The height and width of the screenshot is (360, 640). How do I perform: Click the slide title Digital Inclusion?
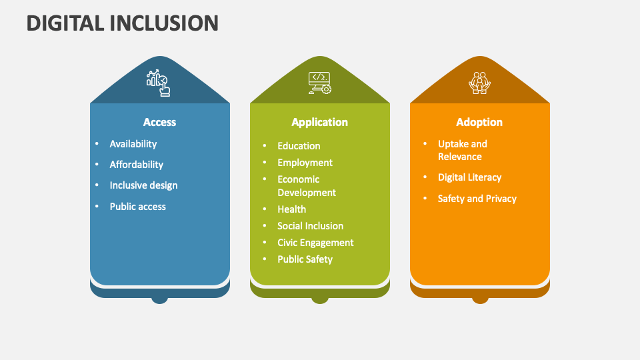[122, 23]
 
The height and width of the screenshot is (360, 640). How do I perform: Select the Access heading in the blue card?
[160, 122]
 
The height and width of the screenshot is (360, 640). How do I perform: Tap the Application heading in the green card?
[320, 122]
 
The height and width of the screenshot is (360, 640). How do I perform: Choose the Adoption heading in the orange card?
[479, 122]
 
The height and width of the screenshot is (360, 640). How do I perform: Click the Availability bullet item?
[133, 144]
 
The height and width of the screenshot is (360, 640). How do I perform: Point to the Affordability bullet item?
[137, 165]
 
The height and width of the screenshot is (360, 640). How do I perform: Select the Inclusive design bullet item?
[143, 185]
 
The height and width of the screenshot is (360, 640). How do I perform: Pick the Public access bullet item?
[138, 207]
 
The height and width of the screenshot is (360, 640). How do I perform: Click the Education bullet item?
[299, 146]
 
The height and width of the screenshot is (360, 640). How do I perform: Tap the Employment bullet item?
[305, 163]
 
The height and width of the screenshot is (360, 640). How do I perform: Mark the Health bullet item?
[292, 209]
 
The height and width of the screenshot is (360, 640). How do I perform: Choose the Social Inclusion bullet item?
[311, 226]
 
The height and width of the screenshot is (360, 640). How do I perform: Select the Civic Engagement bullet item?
[315, 243]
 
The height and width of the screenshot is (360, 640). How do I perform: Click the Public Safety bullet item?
[305, 259]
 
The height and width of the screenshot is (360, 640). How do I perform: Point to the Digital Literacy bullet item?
[469, 177]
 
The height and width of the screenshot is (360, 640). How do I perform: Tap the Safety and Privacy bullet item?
[477, 199]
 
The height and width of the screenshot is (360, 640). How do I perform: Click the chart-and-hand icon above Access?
[159, 83]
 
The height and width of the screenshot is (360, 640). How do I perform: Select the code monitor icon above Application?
[319, 83]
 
